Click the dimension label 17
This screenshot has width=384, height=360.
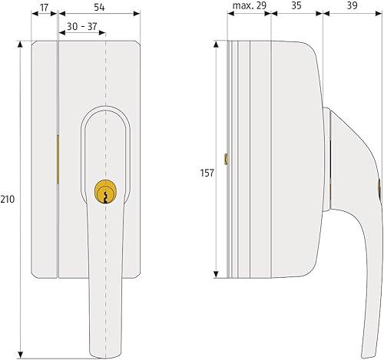(44, 8)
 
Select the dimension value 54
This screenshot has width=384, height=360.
(99, 8)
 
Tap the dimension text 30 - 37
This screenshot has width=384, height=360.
(82, 26)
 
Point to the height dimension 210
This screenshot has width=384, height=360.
(8, 199)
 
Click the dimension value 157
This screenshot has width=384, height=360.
(207, 173)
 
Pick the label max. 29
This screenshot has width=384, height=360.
(250, 5)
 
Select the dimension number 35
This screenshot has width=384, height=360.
(296, 5)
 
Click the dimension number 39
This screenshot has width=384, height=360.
(352, 5)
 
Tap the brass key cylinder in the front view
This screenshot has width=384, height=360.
(105, 192)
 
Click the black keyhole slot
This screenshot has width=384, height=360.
(105, 197)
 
